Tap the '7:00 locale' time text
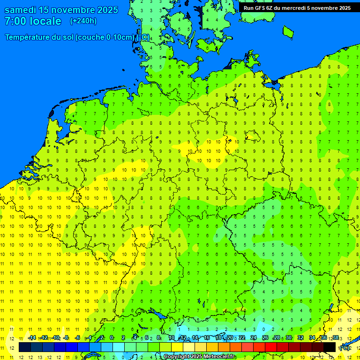pos(33,21)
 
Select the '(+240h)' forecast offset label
pos(83,21)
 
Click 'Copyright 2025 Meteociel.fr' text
pos(199,357)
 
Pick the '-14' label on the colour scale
pos(32,338)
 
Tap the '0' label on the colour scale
pos(112,338)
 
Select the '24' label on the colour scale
pos(254,338)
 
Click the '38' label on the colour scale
pos(336,338)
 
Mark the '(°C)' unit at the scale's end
pos(345,348)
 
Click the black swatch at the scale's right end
pos(330,347)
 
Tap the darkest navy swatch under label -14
pos(25,347)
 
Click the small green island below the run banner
pos(288,31)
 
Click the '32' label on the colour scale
pos(300,338)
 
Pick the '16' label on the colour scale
pos(206,338)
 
